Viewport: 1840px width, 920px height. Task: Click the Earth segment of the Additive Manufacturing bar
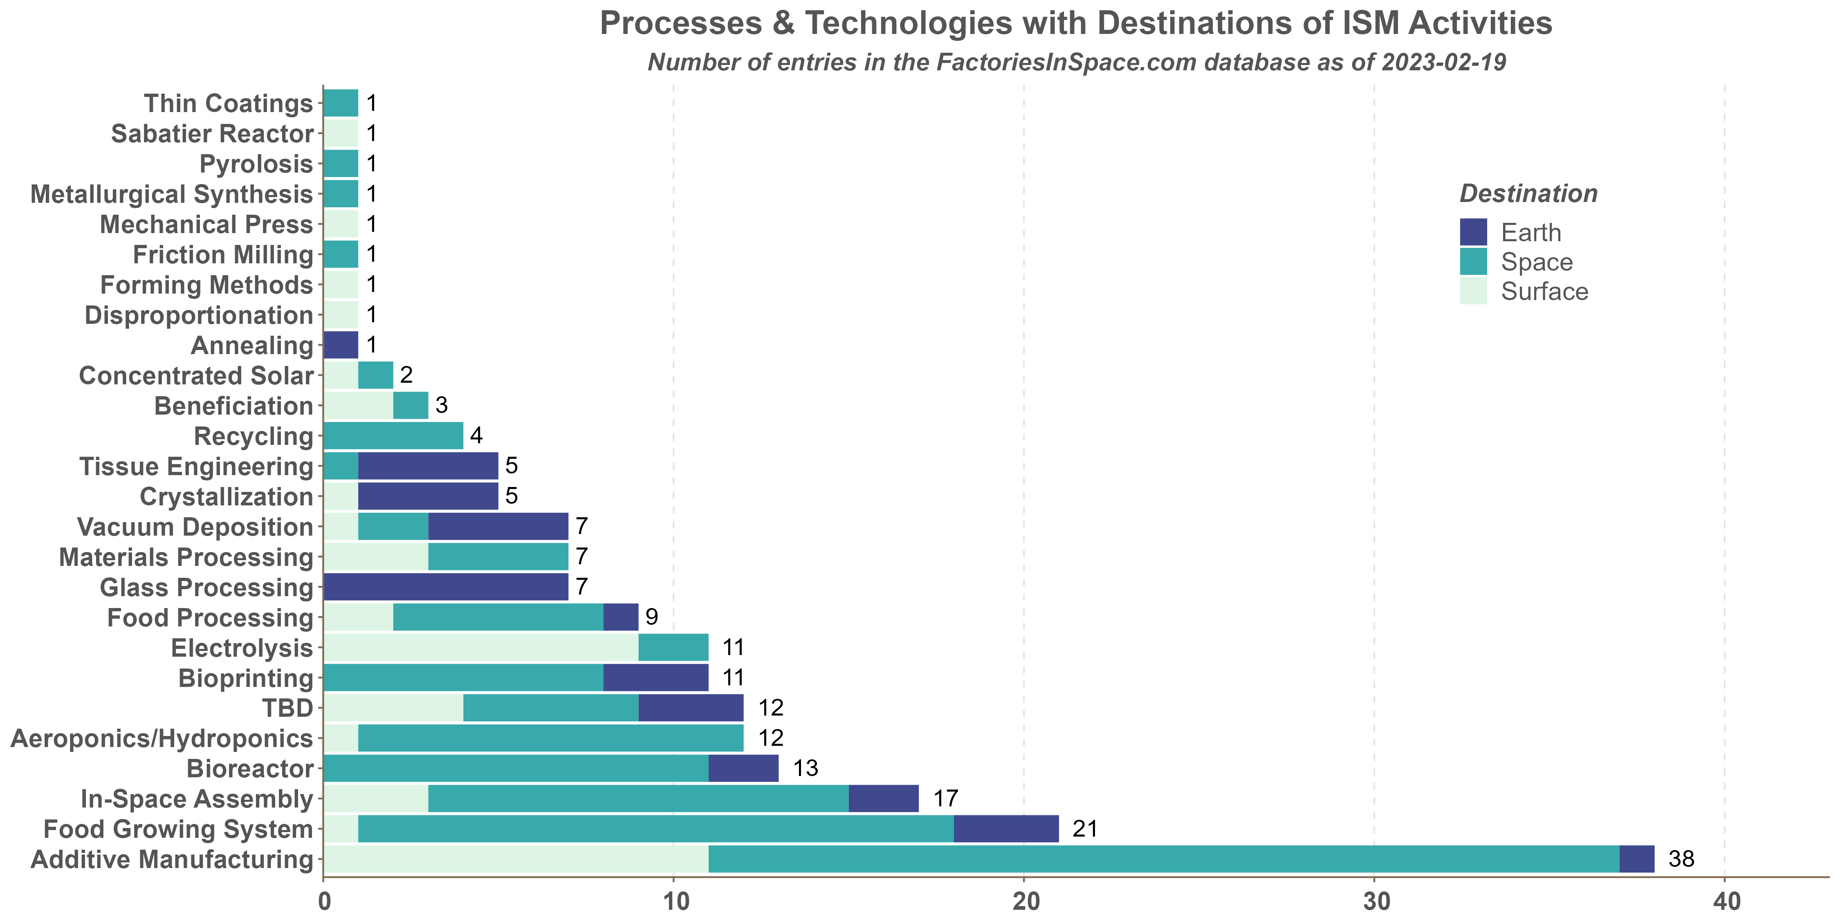click(1636, 859)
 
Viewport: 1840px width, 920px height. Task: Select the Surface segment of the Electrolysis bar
click(481, 647)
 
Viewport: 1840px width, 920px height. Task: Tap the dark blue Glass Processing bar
click(446, 586)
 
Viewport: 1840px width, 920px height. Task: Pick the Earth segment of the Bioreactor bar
click(743, 768)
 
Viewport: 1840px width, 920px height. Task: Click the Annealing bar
click(341, 345)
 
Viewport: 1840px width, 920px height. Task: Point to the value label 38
click(1681, 859)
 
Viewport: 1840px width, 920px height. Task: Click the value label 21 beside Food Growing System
click(1084, 828)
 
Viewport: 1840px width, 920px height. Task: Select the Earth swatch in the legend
click(1473, 232)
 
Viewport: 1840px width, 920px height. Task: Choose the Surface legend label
click(1544, 292)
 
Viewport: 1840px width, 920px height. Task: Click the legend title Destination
click(1528, 193)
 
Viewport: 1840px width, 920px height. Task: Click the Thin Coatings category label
click(229, 103)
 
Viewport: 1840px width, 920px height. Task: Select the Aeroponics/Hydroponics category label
click(162, 738)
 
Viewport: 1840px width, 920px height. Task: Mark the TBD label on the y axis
click(287, 708)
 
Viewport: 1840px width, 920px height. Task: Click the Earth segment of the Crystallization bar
click(428, 496)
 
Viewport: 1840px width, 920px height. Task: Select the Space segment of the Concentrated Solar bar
click(376, 375)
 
